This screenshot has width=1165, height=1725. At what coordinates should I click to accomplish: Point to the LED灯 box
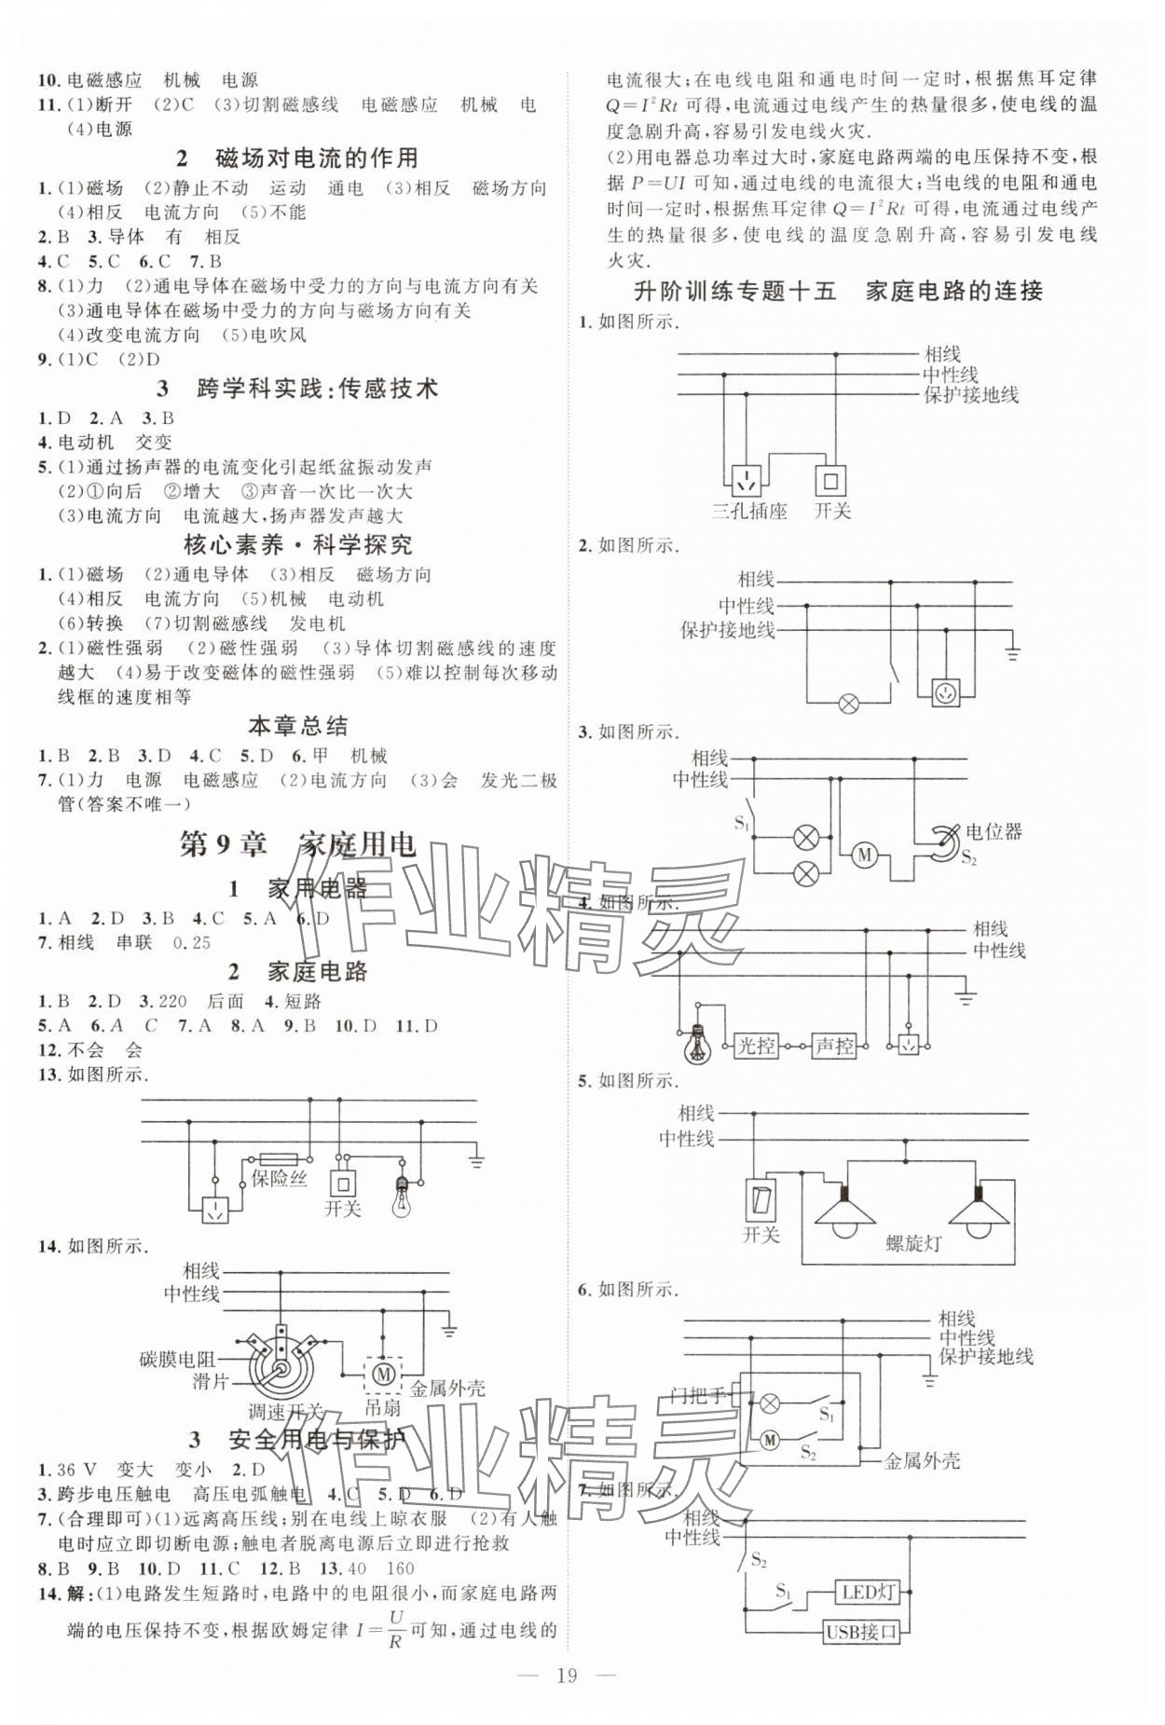[x=867, y=1592]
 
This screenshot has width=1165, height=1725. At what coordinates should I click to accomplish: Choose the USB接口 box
[x=861, y=1631]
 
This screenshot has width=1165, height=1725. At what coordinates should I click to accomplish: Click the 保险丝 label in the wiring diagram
[x=279, y=1178]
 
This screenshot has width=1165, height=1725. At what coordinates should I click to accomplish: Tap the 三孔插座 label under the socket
[x=748, y=511]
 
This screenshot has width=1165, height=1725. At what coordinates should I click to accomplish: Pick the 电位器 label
[x=994, y=831]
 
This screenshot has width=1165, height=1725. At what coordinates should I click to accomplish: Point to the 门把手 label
[x=698, y=1396]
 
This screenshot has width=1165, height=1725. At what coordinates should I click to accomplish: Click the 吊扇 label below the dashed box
[x=382, y=1408]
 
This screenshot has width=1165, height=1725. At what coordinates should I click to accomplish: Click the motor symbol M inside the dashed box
[x=382, y=1373]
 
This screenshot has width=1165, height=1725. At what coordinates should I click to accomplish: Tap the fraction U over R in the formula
[x=394, y=1628]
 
